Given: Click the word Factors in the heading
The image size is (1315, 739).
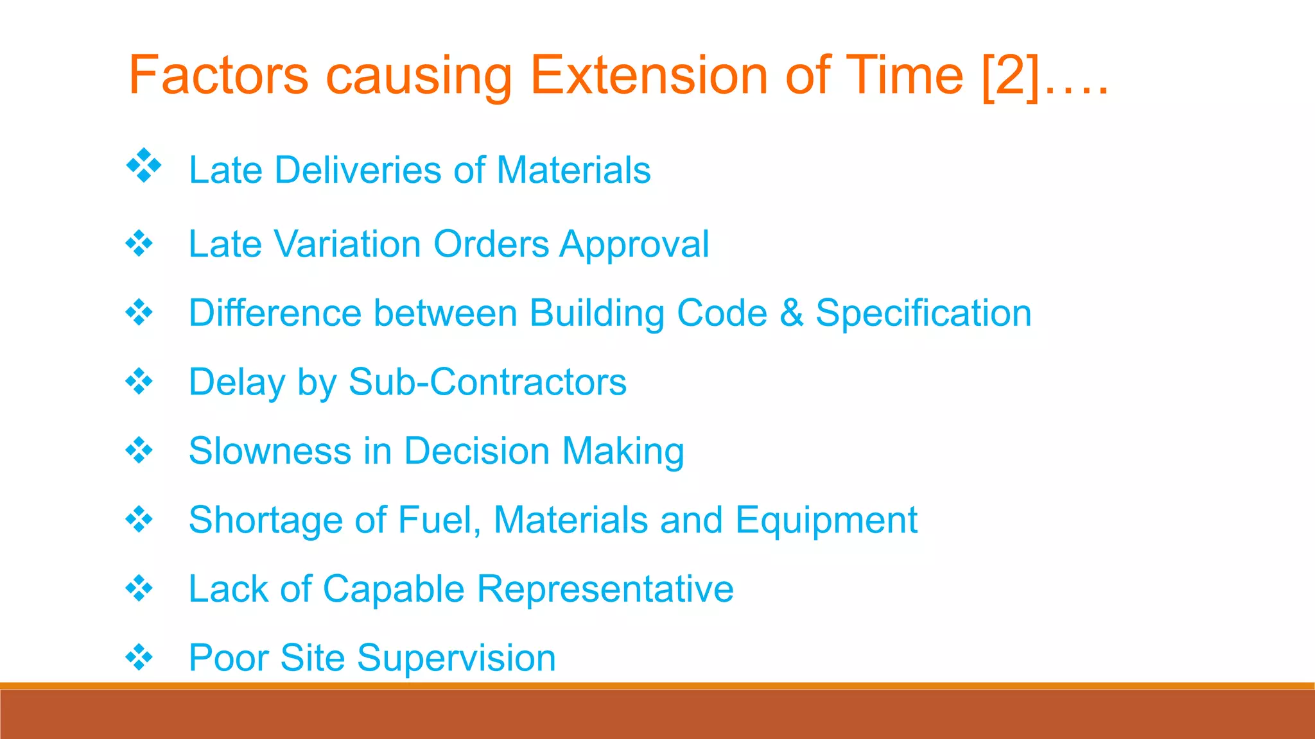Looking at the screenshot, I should point(218,76).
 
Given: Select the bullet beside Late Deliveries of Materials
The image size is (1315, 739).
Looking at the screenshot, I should point(144,166).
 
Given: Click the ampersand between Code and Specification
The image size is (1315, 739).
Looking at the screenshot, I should point(791,313).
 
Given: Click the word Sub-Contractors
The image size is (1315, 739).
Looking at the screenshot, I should point(487,382).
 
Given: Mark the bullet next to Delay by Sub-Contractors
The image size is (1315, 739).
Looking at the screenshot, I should point(139,382).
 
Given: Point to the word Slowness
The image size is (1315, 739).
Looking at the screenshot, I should point(270,451).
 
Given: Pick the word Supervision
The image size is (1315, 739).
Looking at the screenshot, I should point(456,659).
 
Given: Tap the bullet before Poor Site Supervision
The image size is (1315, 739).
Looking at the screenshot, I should point(139,657).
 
